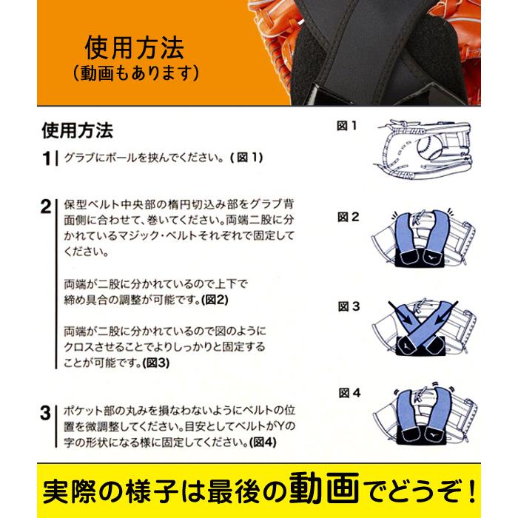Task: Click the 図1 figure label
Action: (346, 126)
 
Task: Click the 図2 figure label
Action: (349, 217)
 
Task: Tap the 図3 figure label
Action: (349, 306)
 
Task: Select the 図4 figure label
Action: (350, 393)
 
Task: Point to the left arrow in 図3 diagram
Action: (400, 313)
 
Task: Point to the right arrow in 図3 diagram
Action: (446, 313)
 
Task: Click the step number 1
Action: (47, 158)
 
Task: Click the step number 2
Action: (46, 206)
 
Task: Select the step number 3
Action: (46, 413)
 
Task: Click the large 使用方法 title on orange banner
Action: (135, 48)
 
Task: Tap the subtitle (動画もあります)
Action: (135, 73)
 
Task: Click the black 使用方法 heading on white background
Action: (78, 130)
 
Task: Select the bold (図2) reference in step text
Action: (215, 300)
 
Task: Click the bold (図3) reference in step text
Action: (156, 363)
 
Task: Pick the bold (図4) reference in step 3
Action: (263, 442)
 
